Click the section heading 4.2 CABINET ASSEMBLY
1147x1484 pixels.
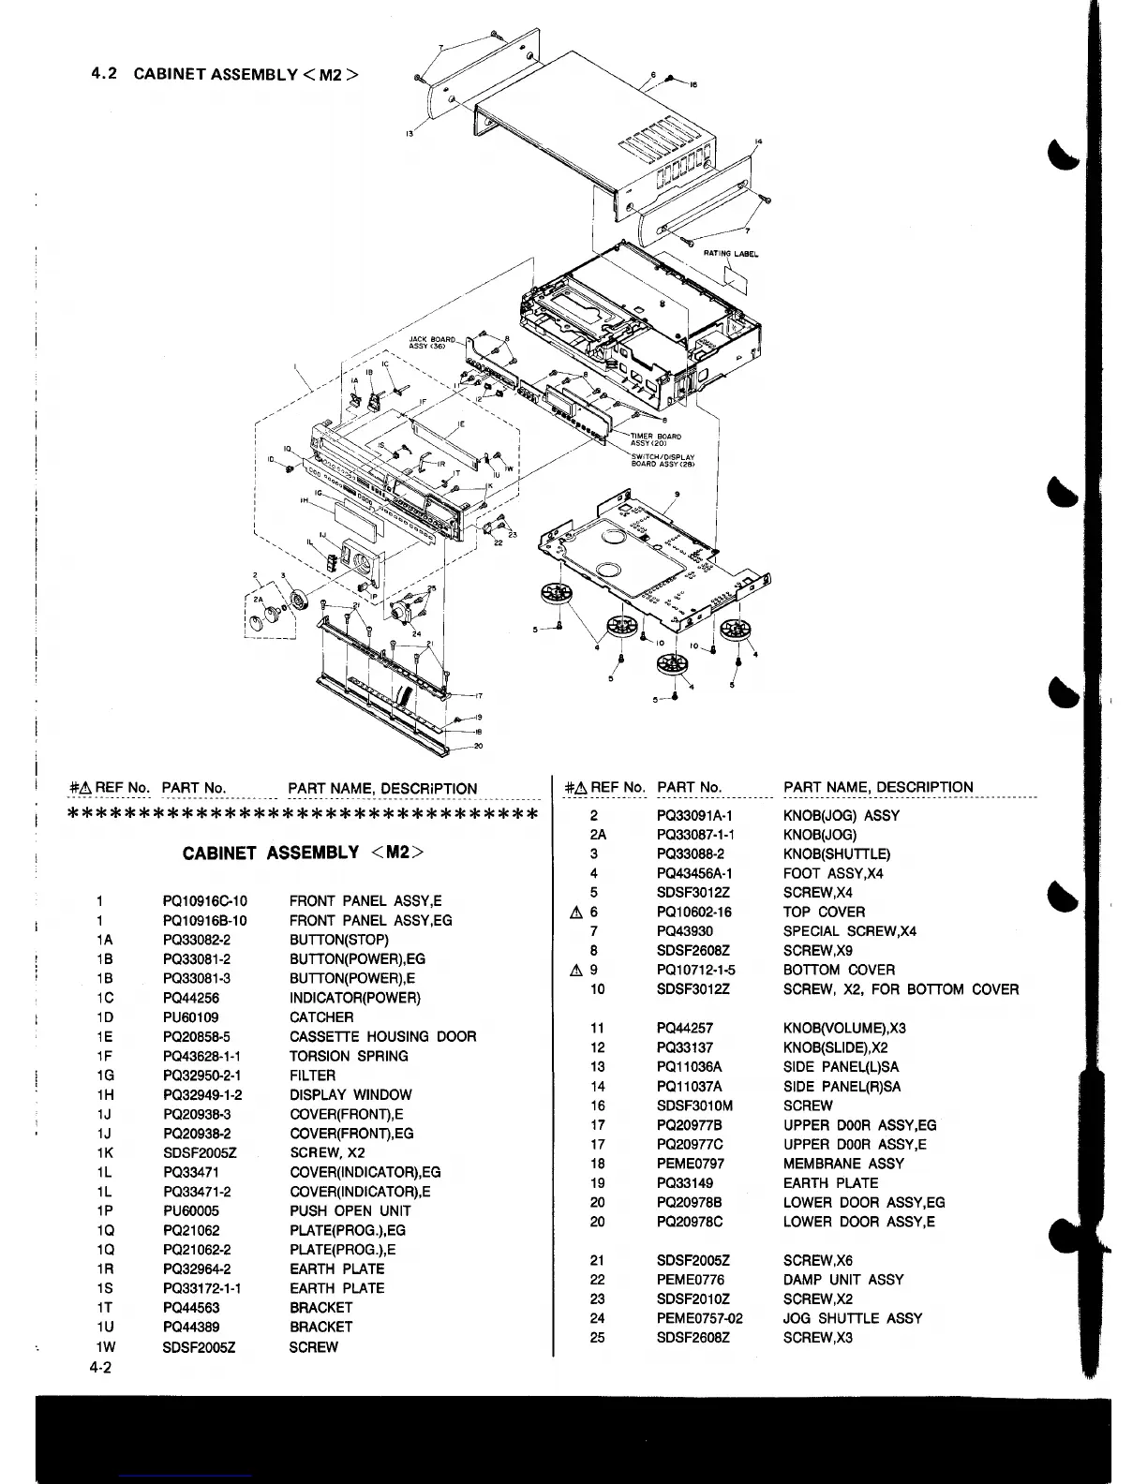click(x=225, y=73)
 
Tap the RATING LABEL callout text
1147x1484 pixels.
click(x=731, y=253)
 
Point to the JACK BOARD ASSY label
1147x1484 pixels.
click(x=432, y=342)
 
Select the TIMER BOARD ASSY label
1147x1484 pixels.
click(x=655, y=439)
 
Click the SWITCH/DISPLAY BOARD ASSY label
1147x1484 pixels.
click(x=663, y=460)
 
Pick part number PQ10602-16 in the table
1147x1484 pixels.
click(x=693, y=912)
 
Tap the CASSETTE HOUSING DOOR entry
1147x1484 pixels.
click(x=382, y=1036)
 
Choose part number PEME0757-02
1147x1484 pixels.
click(x=699, y=1318)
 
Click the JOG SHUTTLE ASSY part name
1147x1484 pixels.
click(x=852, y=1318)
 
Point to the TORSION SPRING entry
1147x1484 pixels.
click(x=349, y=1056)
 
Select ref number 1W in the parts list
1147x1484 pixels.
click(x=105, y=1347)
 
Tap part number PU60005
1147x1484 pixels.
click(x=190, y=1210)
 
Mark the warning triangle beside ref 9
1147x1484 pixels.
click(x=576, y=970)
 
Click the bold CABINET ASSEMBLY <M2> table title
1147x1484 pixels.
click(x=303, y=853)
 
